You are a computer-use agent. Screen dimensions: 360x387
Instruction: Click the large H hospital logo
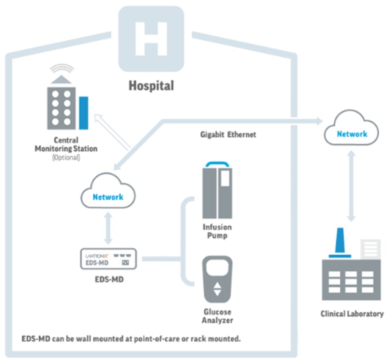click(151, 38)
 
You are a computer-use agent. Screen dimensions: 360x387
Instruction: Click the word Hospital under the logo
click(151, 86)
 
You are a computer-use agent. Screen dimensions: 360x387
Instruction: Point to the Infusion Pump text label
click(217, 231)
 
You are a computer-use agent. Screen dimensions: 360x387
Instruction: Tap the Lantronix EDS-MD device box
click(108, 259)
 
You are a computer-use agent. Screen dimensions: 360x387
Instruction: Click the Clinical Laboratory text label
click(352, 314)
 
